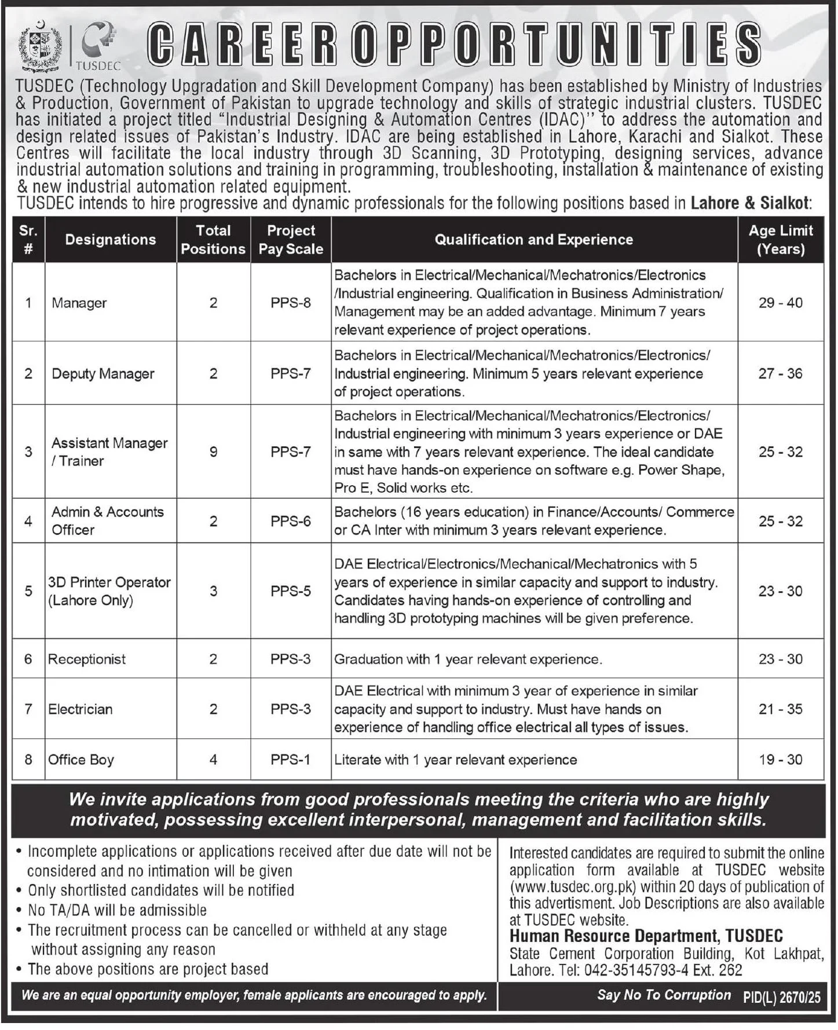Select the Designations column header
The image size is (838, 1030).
click(x=111, y=240)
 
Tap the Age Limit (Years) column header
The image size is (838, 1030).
click(x=780, y=240)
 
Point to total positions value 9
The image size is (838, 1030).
click(x=213, y=452)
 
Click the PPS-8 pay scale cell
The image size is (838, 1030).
click(x=291, y=303)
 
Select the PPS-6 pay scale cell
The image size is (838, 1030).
click(x=291, y=521)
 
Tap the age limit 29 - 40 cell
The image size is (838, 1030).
click(x=780, y=303)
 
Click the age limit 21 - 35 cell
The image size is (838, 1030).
click(x=780, y=709)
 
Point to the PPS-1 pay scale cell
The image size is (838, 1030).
click(x=291, y=760)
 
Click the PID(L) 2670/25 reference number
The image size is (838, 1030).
click(x=782, y=996)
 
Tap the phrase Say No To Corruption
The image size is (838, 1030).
click(x=664, y=995)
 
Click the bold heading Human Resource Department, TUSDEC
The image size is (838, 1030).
click(x=646, y=936)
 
